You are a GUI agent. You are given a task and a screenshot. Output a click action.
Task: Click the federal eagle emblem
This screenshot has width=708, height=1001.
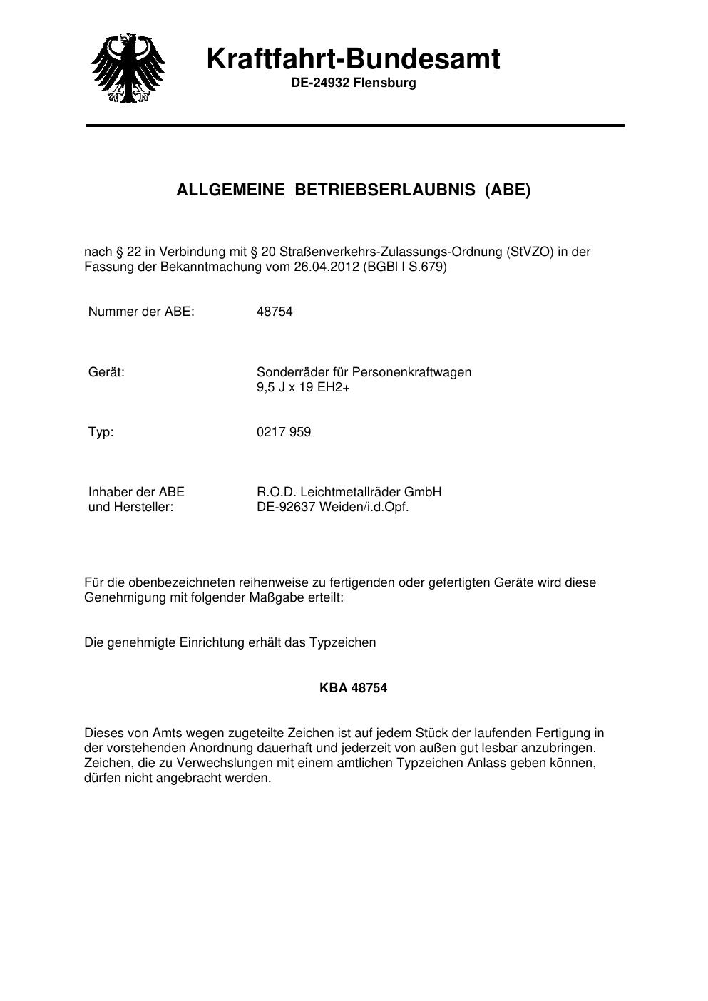coord(128,68)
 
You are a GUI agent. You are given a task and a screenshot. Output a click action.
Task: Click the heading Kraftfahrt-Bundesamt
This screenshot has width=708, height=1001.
coord(353,58)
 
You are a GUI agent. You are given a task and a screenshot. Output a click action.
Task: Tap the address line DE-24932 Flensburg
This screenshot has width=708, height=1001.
coord(353,83)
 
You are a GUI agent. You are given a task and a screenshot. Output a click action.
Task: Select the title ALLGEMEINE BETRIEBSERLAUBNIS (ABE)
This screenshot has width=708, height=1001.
coord(353,190)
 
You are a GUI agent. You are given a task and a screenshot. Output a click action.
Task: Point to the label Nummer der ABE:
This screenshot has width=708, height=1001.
coord(141,312)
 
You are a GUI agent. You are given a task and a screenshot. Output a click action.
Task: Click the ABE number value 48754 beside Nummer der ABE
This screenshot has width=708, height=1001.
coord(275,312)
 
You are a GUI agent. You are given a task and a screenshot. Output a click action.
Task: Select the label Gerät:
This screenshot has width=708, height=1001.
coord(106,372)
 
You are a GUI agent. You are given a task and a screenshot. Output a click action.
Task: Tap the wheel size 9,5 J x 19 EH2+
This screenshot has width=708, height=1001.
coord(303,388)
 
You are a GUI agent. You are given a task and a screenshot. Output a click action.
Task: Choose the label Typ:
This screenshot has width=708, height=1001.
coord(101,432)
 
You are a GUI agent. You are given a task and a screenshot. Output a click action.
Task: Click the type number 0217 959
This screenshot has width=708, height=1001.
coord(283,432)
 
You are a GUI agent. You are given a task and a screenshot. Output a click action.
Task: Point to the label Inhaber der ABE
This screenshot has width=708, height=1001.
coord(136,492)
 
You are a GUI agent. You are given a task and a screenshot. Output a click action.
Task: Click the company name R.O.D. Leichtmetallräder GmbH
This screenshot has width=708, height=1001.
coord(349,492)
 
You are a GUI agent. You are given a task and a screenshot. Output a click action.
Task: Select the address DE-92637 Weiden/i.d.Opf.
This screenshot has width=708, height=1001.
coord(332,508)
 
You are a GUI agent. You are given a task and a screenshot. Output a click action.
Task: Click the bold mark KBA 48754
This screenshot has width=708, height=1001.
coord(353,688)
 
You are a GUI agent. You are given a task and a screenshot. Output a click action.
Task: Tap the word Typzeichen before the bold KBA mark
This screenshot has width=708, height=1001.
coord(342,642)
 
